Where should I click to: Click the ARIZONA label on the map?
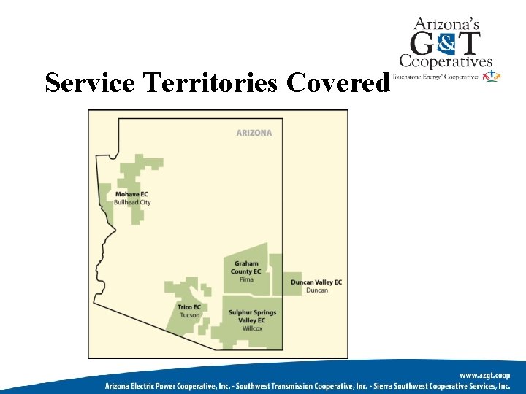[254, 133]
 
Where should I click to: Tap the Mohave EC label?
[131, 194]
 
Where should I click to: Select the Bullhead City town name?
[132, 202]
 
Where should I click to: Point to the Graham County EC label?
[246, 268]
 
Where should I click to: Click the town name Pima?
[246, 279]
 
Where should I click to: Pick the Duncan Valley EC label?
[316, 282]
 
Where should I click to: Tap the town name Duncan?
[317, 290]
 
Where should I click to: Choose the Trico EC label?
[189, 307]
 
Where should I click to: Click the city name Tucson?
[189, 315]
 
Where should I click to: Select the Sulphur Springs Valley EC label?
[252, 317]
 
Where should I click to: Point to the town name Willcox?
[252, 328]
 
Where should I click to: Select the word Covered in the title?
[338, 83]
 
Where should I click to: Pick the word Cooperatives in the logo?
[446, 62]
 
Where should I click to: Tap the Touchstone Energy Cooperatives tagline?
[435, 76]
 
